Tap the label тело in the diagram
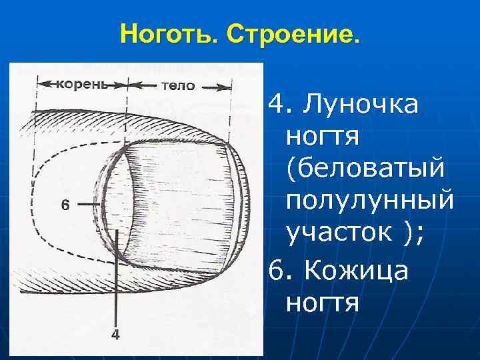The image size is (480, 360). [x=178, y=85]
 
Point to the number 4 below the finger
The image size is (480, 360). [x=115, y=335]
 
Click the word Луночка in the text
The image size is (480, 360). [x=361, y=104]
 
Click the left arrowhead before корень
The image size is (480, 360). [x=41, y=85]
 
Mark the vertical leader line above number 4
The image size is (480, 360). [x=117, y=280]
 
